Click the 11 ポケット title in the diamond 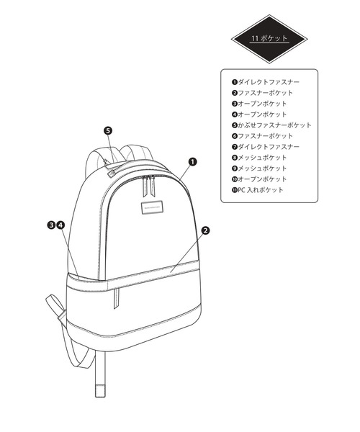tap(269, 38)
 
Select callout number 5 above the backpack tap(108, 130)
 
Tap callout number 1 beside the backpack tap(192, 162)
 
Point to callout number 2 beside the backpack tap(205, 230)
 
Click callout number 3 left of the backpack tap(51, 225)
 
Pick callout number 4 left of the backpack tap(60, 225)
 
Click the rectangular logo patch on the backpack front tap(152, 207)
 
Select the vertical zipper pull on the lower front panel tap(117, 299)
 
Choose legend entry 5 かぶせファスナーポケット tap(271, 125)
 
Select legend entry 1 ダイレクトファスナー tap(266, 82)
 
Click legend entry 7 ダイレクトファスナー tap(266, 147)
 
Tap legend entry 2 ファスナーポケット tap(263, 93)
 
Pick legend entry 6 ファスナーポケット tap(263, 136)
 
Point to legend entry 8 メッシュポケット tap(259, 157)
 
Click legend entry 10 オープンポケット tap(259, 179)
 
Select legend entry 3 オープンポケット tap(259, 104)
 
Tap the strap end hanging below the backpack tap(100, 390)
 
